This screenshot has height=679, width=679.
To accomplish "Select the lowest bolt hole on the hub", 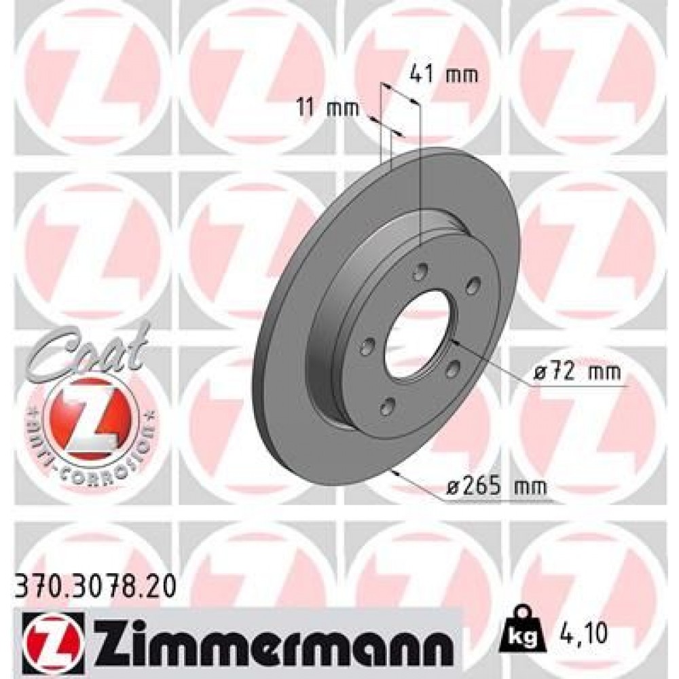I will coord(388,407).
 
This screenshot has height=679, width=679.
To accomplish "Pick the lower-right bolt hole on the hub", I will coord(451,369).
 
